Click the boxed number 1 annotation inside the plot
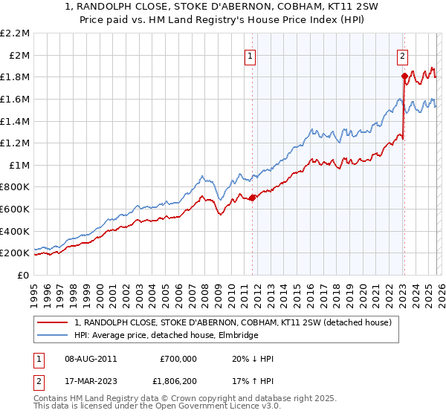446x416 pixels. (x=251, y=55)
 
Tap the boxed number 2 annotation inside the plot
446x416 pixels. (x=402, y=55)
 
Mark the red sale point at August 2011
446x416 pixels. (x=252, y=198)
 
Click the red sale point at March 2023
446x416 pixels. (x=404, y=76)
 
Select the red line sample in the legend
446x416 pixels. (x=54, y=323)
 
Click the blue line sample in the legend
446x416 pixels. (x=54, y=336)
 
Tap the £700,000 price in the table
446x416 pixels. (x=178, y=359)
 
